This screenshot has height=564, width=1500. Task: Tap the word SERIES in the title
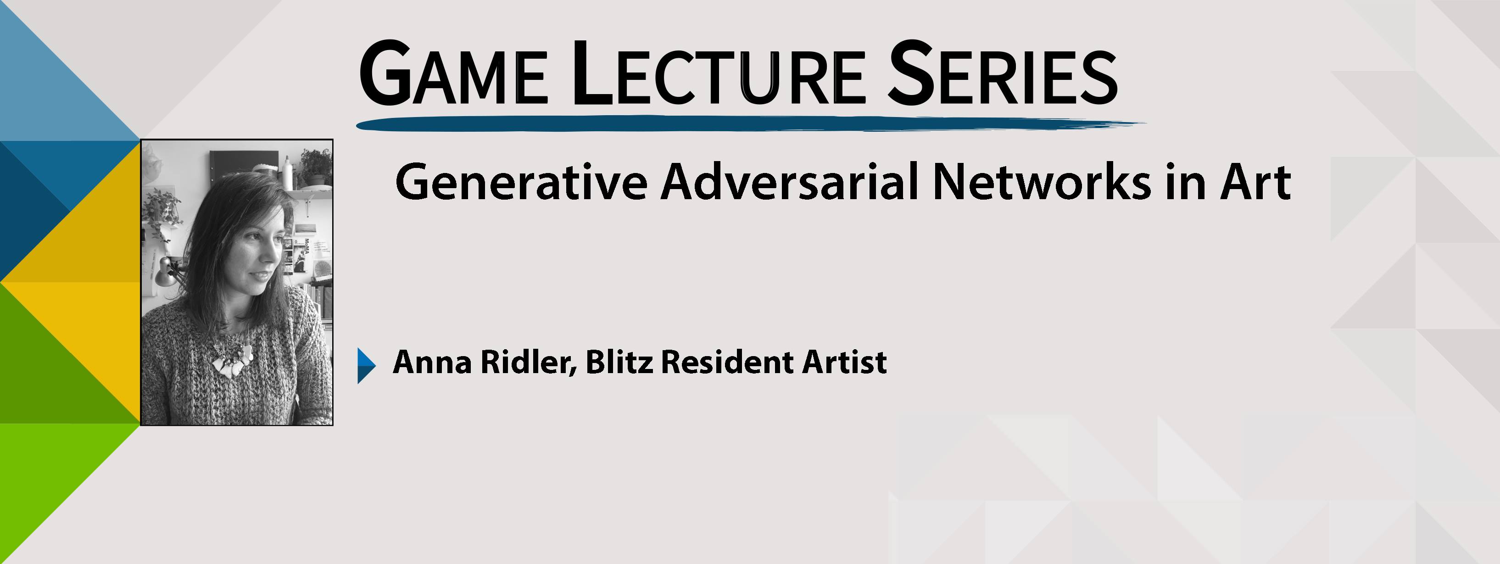(1002, 73)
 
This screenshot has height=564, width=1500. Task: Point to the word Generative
(521, 182)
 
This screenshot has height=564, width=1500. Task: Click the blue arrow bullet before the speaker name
(366, 365)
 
